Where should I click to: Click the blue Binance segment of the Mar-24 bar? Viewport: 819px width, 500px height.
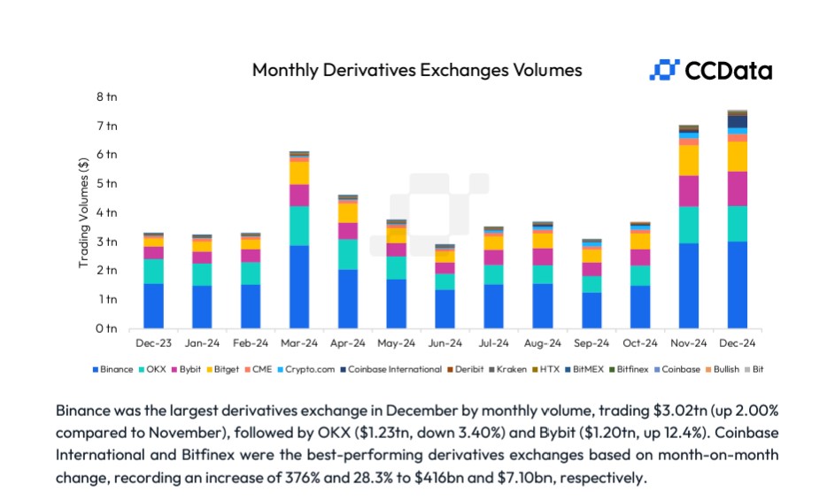pos(299,287)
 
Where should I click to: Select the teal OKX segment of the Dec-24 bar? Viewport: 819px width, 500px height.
pos(737,223)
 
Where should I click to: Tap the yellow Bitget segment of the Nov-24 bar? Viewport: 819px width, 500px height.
pos(688,160)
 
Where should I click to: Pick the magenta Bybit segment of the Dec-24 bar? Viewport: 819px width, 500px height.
pos(737,188)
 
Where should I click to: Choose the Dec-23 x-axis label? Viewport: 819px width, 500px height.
pos(153,342)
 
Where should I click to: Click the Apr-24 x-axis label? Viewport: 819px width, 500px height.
pos(347,342)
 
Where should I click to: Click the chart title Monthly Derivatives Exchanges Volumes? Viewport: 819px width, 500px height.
pos(417,70)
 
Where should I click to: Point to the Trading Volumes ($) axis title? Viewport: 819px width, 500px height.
pos(83,212)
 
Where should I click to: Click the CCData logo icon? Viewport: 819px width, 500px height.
pos(664,70)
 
